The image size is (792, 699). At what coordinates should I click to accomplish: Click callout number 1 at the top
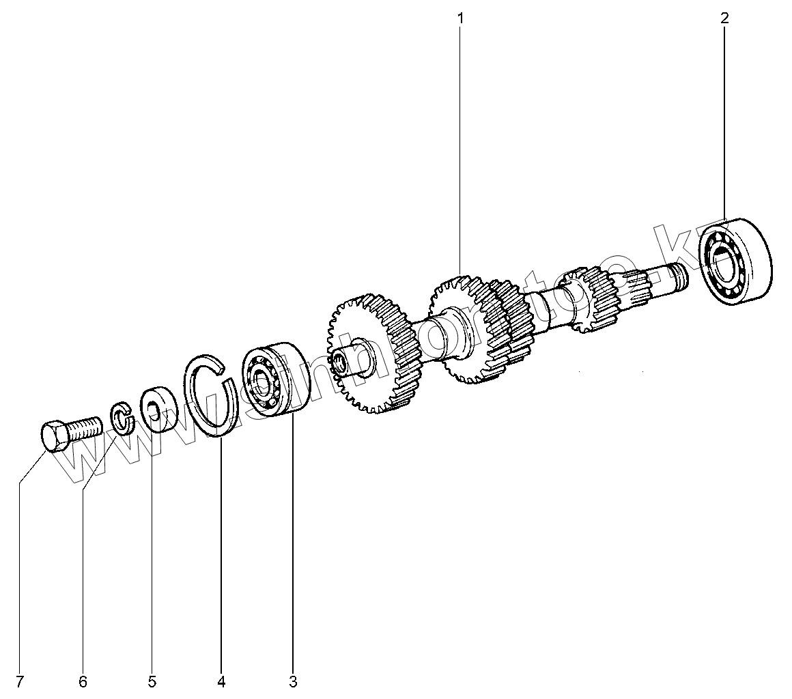tap(460, 18)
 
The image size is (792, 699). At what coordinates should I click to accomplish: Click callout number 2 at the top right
tap(724, 18)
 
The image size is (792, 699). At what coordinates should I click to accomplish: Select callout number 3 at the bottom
tap(293, 681)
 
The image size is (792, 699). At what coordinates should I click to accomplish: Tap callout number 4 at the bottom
tap(221, 681)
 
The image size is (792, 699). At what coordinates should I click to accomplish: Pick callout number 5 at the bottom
tap(152, 681)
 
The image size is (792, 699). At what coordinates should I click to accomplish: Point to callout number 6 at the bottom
tap(83, 681)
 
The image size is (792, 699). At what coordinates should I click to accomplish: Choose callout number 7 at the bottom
tap(20, 681)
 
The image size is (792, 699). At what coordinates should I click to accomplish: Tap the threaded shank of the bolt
tap(85, 427)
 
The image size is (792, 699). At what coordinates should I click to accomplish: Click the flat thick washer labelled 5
tap(158, 410)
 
